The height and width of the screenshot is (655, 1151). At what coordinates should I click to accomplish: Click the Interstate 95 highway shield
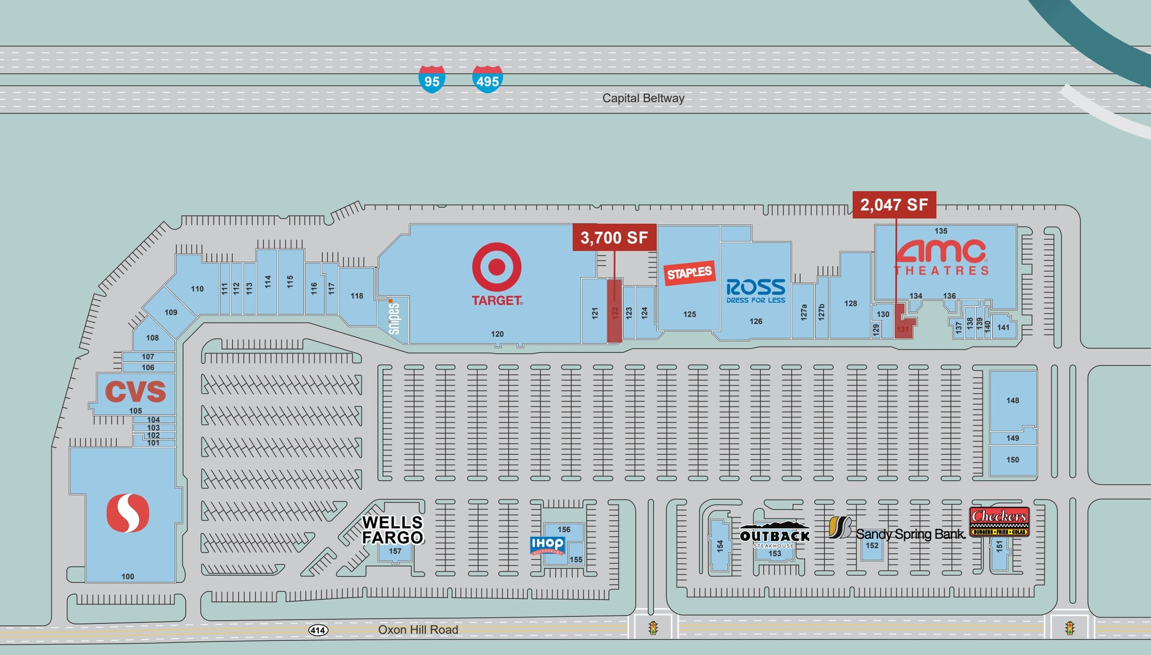point(432,79)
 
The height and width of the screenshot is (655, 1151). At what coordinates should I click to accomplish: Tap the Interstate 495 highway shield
point(487,79)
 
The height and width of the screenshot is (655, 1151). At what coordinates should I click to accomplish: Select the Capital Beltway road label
point(643,98)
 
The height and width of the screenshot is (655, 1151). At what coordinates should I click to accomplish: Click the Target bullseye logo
point(497,267)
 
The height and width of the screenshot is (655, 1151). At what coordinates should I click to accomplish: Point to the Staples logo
point(689,273)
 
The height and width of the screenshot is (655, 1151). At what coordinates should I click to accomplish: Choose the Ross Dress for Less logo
point(755,291)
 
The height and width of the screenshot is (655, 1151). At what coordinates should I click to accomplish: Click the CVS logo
point(135,391)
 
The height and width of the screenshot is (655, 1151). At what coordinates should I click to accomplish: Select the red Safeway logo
point(128,513)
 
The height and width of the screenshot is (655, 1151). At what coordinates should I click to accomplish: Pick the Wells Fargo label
point(392,530)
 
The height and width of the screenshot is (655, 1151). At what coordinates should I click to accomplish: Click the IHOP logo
point(547,545)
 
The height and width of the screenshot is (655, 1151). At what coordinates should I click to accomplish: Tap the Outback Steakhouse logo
point(774,535)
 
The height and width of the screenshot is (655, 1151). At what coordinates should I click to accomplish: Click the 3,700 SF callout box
point(614,237)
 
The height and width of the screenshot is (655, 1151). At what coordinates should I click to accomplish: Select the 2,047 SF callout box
point(894,205)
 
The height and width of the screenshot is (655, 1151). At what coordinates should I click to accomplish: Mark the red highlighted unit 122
point(614,311)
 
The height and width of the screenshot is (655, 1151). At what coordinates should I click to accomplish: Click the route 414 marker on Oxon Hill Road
point(318,630)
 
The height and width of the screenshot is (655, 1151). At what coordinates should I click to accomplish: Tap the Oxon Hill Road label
point(418,630)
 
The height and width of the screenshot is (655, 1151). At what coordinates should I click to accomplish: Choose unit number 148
point(1013,400)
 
